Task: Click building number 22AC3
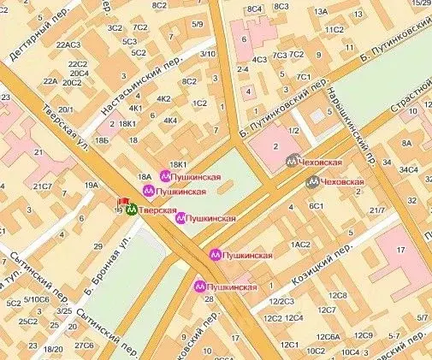point(68,44)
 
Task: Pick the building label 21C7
point(43,186)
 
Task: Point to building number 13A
point(322,12)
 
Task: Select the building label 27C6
point(84,345)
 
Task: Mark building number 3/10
point(207,54)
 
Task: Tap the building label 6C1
point(317,206)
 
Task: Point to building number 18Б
point(103,139)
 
